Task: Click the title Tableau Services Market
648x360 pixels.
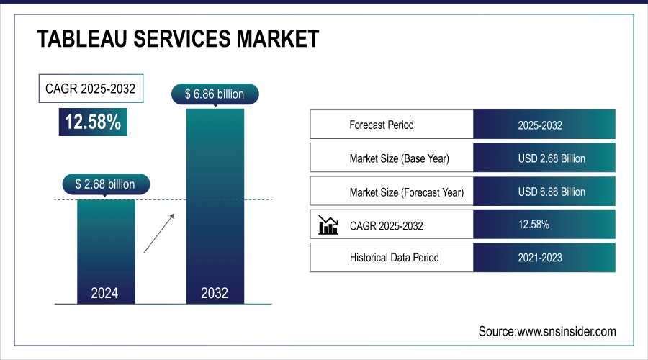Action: (178, 39)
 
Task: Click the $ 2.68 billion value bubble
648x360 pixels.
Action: (105, 184)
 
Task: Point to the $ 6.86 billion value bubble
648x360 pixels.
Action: (215, 94)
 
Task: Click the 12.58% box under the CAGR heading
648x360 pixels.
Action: (93, 122)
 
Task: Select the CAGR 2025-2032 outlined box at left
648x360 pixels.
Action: (91, 90)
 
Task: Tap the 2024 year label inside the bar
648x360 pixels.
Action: (105, 293)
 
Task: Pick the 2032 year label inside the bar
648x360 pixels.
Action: (215, 293)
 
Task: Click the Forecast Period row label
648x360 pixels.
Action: (382, 125)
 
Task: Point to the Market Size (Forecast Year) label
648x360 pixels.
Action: (406, 192)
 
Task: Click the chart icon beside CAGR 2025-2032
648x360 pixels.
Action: (328, 226)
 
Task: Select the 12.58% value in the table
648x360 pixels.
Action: (534, 225)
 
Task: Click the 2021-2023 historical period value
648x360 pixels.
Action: (540, 257)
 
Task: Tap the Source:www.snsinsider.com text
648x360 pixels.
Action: (547, 331)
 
